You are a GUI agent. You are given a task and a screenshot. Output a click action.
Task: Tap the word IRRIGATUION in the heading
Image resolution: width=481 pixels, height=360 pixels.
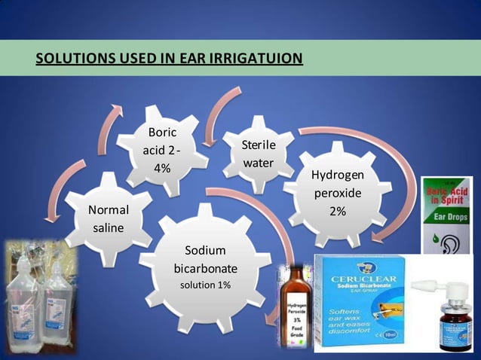coord(257,58)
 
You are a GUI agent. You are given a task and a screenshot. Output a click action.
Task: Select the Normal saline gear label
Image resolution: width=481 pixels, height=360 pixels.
coord(109,218)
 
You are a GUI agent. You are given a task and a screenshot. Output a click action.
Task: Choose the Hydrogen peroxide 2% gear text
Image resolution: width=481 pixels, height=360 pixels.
coord(337,194)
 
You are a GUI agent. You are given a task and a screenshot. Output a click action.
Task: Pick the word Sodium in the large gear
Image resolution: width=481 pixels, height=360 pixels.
coord(205,250)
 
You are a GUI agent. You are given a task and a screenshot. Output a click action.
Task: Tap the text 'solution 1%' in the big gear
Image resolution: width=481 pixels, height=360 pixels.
coord(205,285)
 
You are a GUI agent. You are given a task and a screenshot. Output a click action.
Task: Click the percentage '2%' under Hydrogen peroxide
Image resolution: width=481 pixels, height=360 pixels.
coord(337,212)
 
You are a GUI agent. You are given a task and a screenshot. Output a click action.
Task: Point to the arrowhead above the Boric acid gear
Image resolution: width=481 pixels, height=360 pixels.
coord(117,109)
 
